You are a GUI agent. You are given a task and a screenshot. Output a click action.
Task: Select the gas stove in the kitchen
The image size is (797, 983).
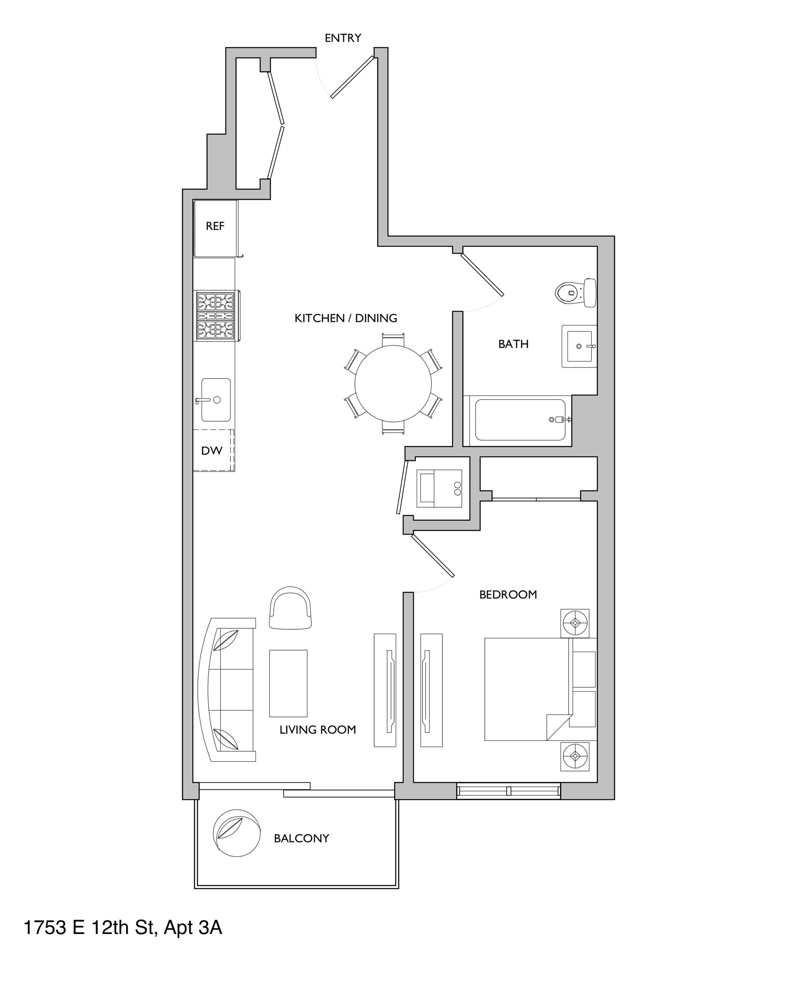pyautogui.click(x=215, y=315)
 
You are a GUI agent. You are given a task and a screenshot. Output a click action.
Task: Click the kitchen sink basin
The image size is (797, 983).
pyautogui.click(x=216, y=400)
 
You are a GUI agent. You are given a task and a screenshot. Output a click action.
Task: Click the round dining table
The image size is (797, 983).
pyautogui.click(x=393, y=383)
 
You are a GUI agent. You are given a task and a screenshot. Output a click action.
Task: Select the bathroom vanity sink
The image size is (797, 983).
pyautogui.click(x=579, y=346)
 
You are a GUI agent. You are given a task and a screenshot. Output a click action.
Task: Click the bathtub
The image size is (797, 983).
pyautogui.click(x=520, y=420)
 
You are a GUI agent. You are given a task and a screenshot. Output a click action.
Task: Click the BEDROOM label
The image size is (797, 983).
pyautogui.click(x=508, y=595)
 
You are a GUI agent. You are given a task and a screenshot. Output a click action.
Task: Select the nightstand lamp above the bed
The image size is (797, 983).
pyautogui.click(x=575, y=623)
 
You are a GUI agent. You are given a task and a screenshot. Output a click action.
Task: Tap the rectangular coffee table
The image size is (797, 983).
pyautogui.click(x=288, y=683)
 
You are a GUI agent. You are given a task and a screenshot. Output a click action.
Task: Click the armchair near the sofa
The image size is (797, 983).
pyautogui.click(x=291, y=609)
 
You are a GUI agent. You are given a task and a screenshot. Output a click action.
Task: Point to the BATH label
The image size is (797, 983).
pyautogui.click(x=513, y=344)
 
